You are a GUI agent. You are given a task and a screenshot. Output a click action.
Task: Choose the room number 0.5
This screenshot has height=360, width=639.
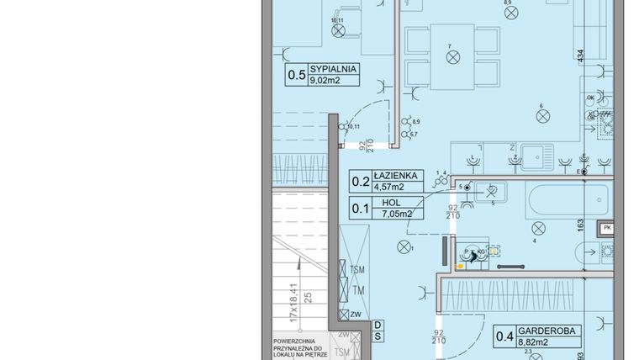pyautogui.click(x=297, y=75)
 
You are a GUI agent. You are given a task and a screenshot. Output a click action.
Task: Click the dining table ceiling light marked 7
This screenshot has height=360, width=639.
pyautogui.click(x=453, y=57)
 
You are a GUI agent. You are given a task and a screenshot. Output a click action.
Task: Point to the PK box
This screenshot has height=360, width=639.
pyautogui.click(x=607, y=228)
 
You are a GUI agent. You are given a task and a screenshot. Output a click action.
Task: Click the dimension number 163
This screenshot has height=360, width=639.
pyautogui.click(x=579, y=225)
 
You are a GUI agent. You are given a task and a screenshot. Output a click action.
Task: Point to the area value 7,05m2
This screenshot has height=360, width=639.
pyautogui.click(x=397, y=214)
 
